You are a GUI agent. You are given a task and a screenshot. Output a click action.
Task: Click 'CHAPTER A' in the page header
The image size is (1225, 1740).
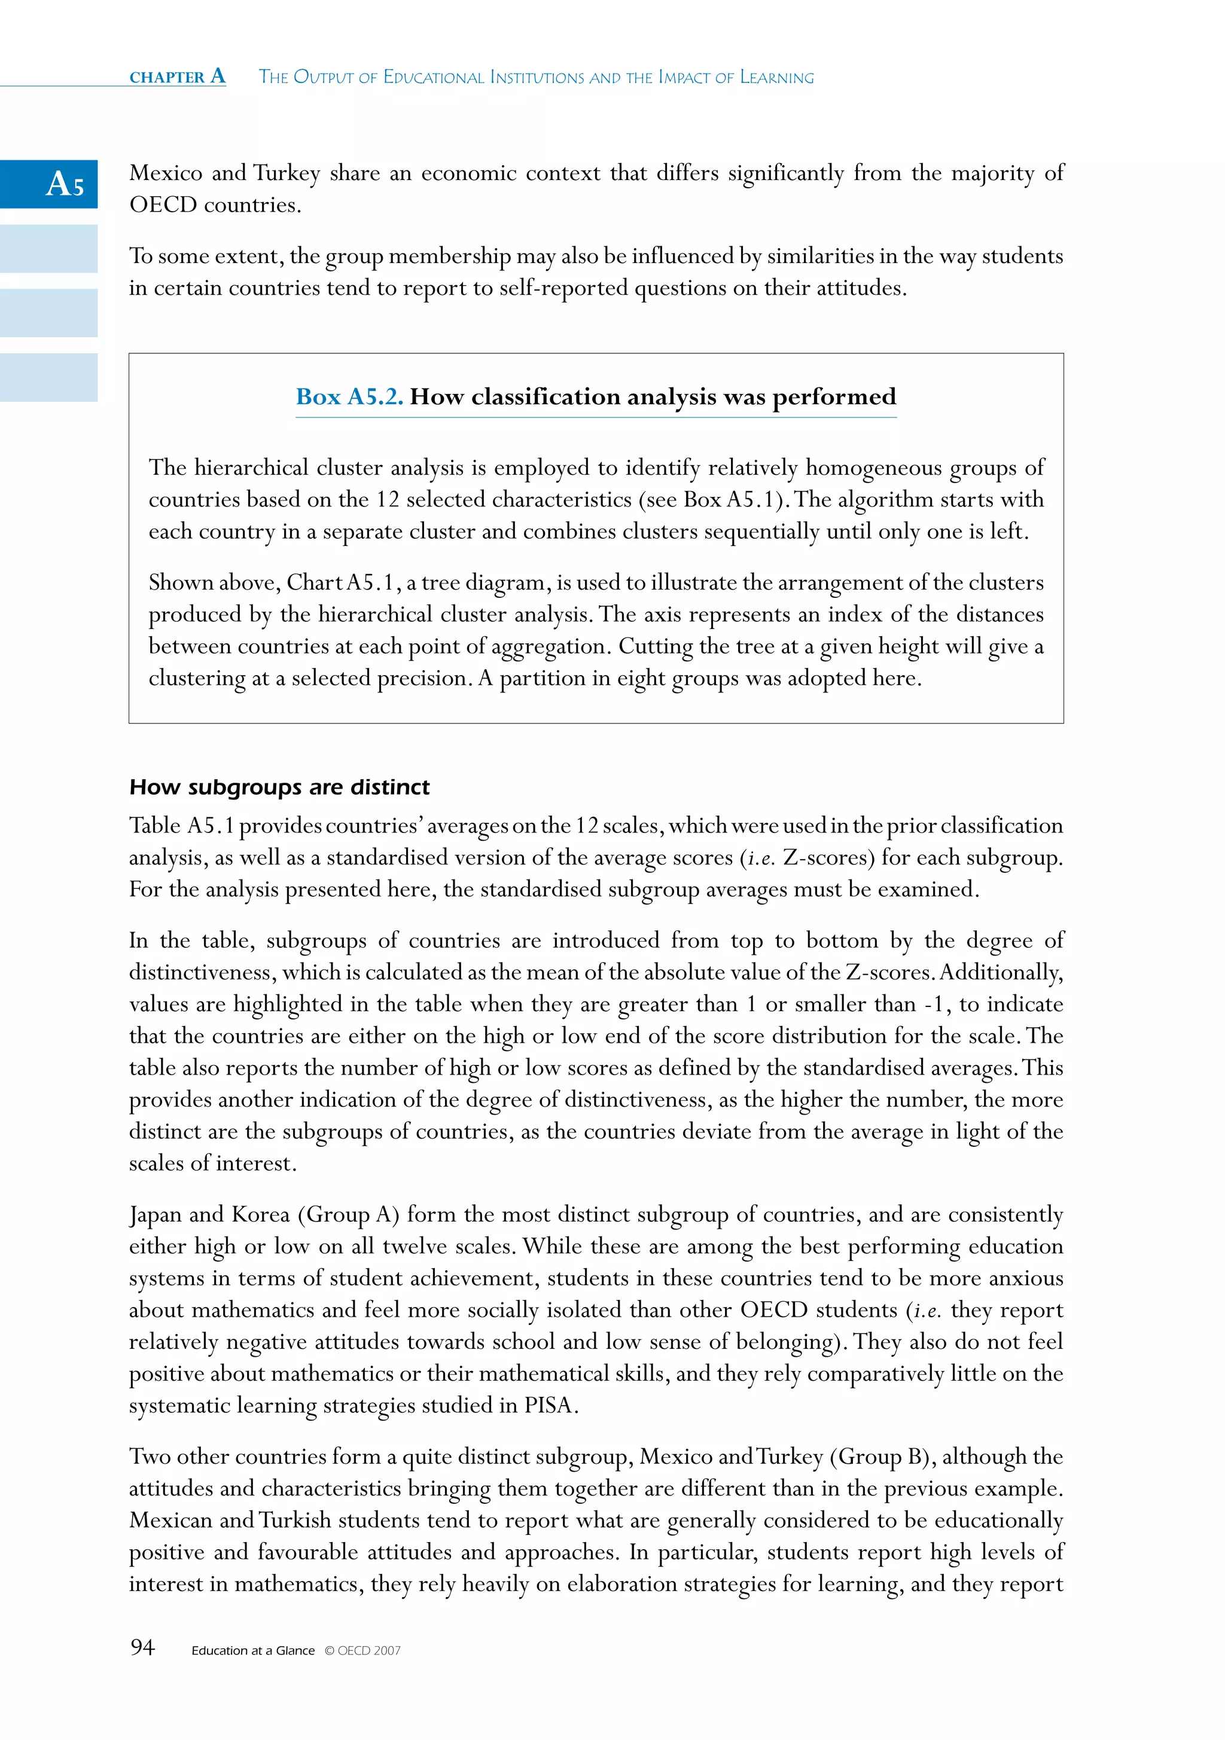point(178,77)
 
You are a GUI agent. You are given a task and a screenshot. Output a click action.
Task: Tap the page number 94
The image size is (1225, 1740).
point(142,1647)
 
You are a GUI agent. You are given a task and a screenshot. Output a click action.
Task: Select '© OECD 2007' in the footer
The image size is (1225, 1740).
point(362,1650)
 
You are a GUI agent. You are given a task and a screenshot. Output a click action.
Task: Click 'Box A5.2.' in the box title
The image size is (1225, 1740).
point(349,396)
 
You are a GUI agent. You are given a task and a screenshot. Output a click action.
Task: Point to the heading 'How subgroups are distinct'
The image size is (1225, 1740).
point(279,787)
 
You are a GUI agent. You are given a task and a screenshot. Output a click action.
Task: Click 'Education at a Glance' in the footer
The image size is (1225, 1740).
point(252,1650)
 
